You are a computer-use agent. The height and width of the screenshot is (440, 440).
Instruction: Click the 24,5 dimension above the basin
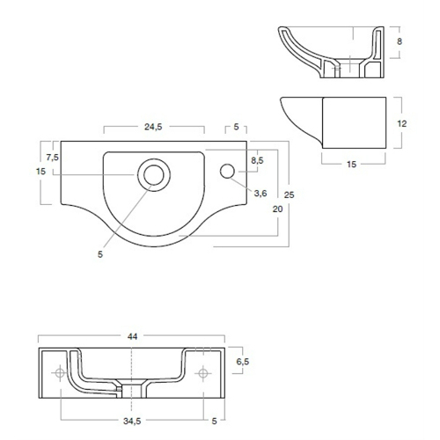(153, 127)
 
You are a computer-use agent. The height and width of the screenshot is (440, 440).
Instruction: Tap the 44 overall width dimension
(132, 336)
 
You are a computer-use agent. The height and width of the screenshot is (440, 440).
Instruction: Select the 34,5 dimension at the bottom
(132, 421)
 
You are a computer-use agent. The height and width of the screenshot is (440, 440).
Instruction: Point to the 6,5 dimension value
(243, 362)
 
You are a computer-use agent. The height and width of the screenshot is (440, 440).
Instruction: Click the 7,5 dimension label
(52, 158)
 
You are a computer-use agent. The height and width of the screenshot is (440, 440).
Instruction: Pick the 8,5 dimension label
(257, 160)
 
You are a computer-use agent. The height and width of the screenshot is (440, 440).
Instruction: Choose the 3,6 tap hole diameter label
(260, 194)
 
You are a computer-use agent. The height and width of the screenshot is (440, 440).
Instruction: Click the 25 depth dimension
(289, 194)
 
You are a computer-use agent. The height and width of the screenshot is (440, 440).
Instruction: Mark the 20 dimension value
(277, 209)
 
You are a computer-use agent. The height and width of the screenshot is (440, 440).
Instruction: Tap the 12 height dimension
(402, 124)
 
